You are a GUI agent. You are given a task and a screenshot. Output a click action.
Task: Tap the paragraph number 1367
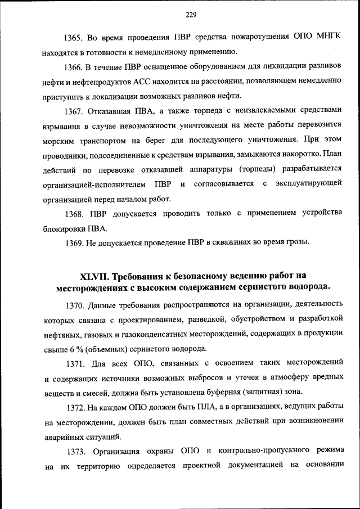click(x=72, y=109)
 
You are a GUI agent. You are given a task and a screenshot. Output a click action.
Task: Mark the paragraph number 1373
click(x=72, y=451)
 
